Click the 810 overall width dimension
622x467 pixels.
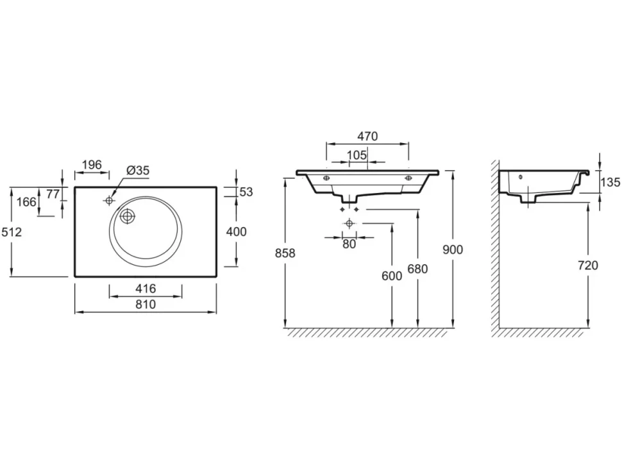(146, 305)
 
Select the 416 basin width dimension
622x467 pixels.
(146, 289)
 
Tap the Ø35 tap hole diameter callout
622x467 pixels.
(138, 171)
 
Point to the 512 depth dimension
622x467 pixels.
(12, 232)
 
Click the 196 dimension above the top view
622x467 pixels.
(92, 164)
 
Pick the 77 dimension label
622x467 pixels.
(53, 194)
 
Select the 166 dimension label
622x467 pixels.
(26, 202)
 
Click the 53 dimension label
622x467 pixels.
(246, 192)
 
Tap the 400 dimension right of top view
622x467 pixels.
(237, 232)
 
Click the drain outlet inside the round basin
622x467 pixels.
(128, 216)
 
